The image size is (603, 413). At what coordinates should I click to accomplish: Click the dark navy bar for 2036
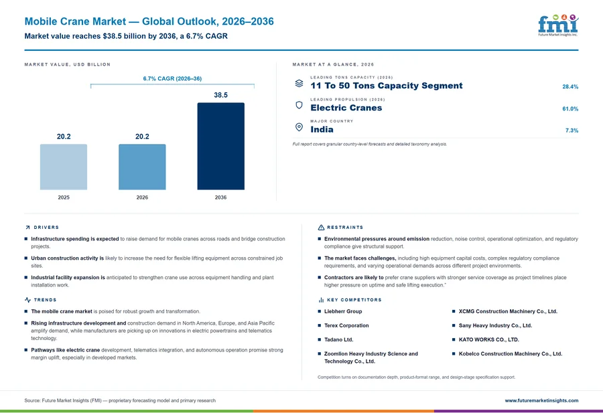pos(220,146)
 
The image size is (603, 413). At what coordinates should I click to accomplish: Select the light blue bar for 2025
pos(64,167)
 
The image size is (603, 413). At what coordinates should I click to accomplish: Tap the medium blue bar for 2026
pos(142,167)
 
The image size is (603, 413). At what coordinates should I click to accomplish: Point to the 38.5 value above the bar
pos(220,95)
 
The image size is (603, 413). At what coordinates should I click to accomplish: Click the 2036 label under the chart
pos(220,197)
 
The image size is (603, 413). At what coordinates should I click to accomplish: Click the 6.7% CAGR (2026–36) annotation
pos(172,78)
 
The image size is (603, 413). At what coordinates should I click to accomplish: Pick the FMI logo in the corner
pos(558,25)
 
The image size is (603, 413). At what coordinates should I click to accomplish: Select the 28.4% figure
pos(570,87)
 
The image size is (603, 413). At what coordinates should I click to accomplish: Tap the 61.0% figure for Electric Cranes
pos(570,108)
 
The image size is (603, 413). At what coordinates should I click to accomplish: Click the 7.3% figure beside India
pos(572,131)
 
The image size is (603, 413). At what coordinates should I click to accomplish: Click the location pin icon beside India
pos(299,127)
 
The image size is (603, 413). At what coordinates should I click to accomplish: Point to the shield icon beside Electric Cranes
pos(299,105)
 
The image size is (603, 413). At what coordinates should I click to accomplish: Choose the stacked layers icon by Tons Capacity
pos(299,84)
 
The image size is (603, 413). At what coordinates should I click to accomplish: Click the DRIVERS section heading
pos(46,228)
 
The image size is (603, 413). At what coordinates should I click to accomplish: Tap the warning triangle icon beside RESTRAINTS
pos(321,228)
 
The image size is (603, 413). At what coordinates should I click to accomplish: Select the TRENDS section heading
pos(45,300)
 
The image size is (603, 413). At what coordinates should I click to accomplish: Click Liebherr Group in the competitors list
pos(343,311)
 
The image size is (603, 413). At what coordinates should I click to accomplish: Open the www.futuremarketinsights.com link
pos(541,400)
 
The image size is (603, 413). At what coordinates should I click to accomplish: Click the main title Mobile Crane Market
pos(75,21)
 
